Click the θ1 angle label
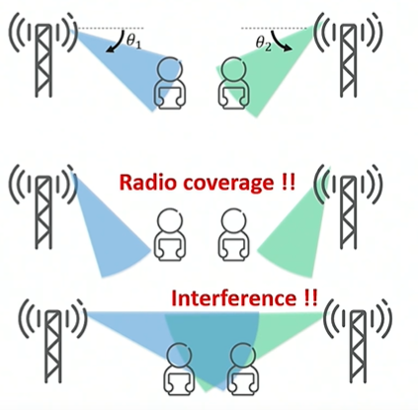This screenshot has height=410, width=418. point(133,41)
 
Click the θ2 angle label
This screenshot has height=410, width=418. point(264,43)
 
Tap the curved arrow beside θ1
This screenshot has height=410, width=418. point(115,42)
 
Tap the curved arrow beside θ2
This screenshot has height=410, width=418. point(281,41)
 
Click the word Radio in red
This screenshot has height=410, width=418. point(147,182)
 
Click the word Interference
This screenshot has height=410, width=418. point(233,298)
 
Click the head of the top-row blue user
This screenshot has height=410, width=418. point(170,69)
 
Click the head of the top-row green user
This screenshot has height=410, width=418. point(234,69)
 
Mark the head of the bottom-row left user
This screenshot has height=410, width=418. point(179,355)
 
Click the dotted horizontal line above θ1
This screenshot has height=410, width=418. point(111,29)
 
